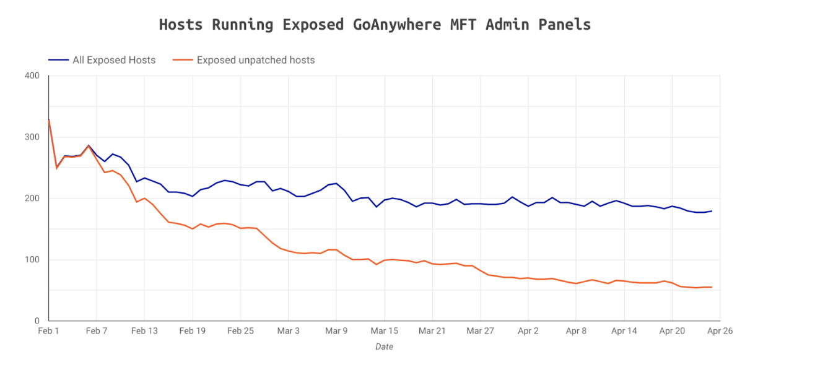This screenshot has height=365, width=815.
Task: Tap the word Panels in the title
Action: [566, 25]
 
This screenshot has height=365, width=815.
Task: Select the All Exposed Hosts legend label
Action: [114, 60]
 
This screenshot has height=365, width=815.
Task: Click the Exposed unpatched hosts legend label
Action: [256, 60]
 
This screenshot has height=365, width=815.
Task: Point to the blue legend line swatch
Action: [58, 60]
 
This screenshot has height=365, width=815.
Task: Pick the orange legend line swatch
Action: [182, 60]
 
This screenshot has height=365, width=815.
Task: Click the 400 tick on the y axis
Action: [32, 76]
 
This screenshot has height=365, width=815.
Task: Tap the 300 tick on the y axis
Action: [32, 137]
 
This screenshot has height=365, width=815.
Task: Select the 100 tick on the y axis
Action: [32, 260]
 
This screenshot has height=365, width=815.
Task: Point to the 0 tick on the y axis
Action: [37, 321]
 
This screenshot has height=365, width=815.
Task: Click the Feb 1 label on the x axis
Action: [49, 332]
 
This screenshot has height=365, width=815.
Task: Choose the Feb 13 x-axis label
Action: [144, 332]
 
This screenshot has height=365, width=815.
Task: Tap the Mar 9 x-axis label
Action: [336, 332]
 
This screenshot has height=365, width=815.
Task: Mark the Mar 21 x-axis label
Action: [432, 332]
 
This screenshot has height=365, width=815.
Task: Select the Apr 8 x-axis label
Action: [576, 332]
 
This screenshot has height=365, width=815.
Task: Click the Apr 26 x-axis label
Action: [720, 332]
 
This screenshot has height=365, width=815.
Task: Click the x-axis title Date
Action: [384, 347]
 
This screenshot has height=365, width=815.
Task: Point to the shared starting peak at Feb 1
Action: [49, 119]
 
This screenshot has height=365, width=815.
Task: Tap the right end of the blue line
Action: [712, 211]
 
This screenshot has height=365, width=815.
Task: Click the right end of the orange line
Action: [712, 287]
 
